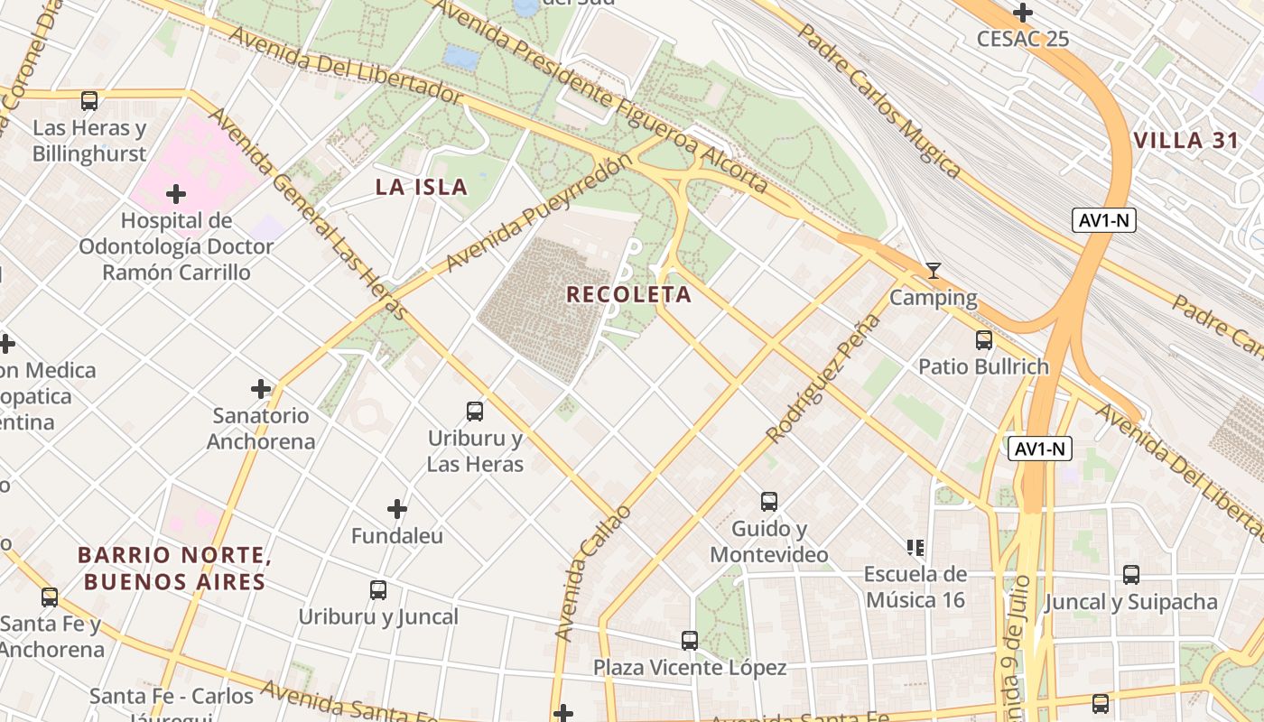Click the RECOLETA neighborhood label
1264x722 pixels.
629,294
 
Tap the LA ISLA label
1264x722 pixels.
422,188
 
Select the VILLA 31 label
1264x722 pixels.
1181,141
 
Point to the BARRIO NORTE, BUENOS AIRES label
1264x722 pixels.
175,568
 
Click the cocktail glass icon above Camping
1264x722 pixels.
934,271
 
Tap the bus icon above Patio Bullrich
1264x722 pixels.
984,340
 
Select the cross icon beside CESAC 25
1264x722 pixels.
1023,13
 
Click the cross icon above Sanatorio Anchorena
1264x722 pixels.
261,389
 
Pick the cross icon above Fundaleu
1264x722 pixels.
397,509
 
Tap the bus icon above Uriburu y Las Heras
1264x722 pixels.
475,412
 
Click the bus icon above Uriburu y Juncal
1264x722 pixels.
378,590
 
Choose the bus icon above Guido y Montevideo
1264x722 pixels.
768,502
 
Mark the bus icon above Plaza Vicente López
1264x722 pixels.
690,641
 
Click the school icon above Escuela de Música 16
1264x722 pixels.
915,548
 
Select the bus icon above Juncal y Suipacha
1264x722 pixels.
1131,575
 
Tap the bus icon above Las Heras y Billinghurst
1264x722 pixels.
89,101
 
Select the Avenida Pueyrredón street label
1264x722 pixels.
539,213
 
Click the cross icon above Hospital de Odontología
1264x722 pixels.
176,194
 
